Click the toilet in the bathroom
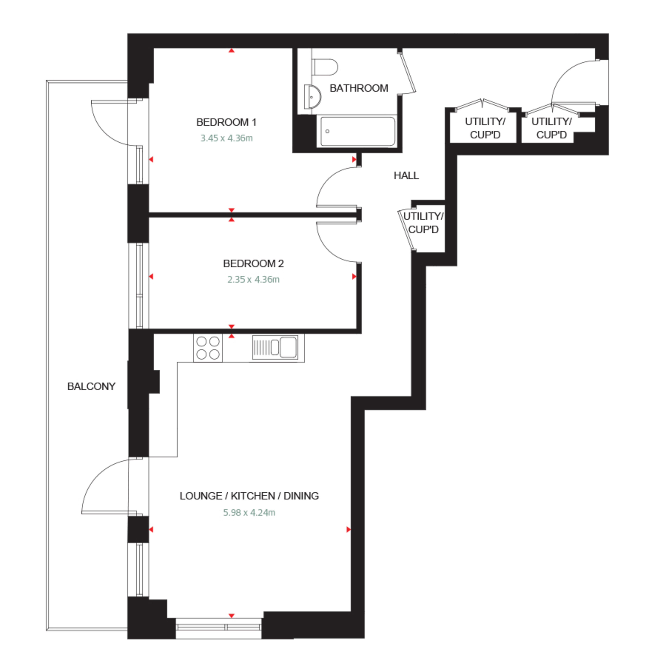(x=325, y=67)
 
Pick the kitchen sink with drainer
(x=275, y=347)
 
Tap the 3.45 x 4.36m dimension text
(x=227, y=138)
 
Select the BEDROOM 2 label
(x=253, y=264)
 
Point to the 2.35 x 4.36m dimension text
(x=253, y=280)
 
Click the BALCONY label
(x=91, y=386)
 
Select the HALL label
(x=406, y=176)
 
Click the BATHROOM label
(x=359, y=88)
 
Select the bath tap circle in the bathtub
(x=327, y=131)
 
